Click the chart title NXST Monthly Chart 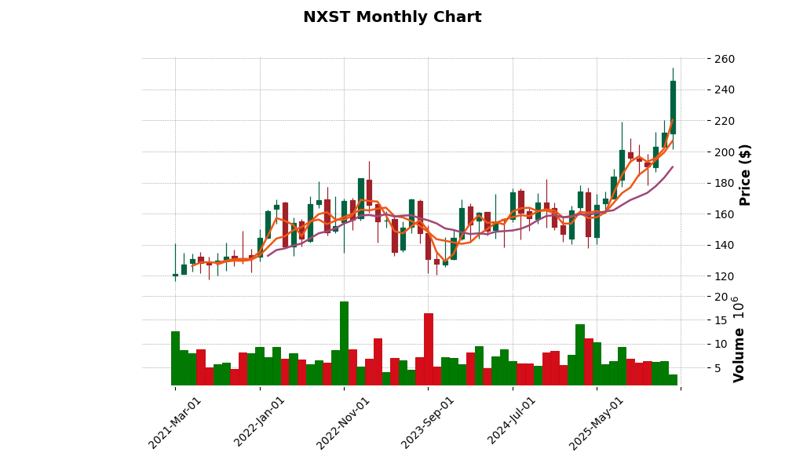coord(392,17)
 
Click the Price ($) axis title coord(746,174)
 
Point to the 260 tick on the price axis coord(725,59)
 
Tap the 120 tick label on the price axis coord(725,276)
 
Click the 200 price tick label coord(725,152)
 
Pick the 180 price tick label coord(725,183)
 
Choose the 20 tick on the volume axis coord(721,297)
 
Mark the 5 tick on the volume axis coord(717,367)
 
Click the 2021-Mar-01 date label coord(175,422)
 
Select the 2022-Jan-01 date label coord(260,422)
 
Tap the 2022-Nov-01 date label coord(344,422)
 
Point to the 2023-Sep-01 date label coord(428,422)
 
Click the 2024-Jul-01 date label coord(512,422)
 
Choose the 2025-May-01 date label coord(597,422)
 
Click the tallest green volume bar coord(344,343)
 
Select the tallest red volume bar coord(428,349)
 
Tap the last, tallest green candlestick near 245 coord(673,108)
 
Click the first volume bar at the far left coord(175,358)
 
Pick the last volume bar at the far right coord(673,380)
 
